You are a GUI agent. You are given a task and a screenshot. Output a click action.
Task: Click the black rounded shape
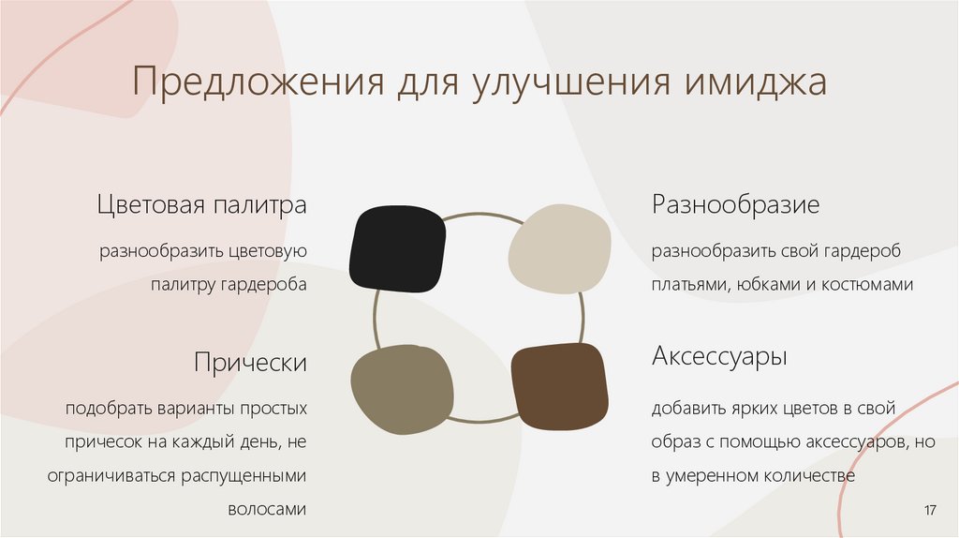397,247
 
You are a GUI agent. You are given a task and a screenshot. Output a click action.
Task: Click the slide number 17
930,509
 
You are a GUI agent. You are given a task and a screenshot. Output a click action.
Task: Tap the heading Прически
251,362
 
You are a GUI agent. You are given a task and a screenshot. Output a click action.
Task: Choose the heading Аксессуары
719,357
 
